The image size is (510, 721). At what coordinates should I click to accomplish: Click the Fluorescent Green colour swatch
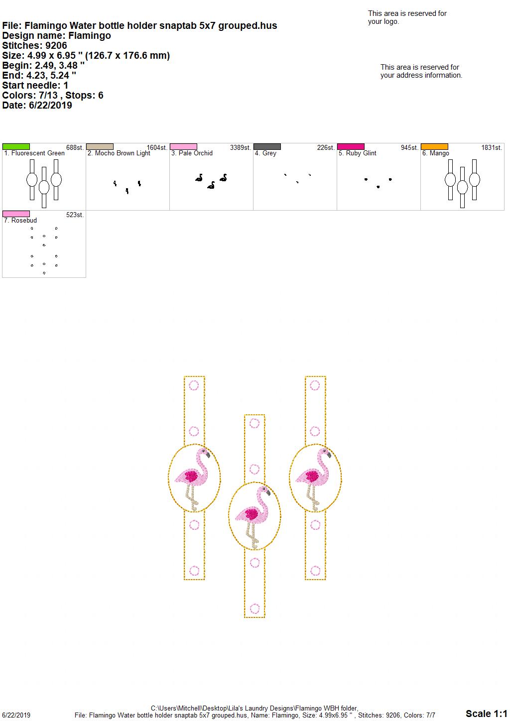(x=16, y=146)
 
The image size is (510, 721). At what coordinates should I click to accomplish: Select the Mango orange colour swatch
(x=434, y=146)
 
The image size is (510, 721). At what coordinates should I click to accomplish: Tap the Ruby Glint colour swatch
(x=351, y=146)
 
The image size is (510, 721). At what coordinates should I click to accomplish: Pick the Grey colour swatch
(x=267, y=146)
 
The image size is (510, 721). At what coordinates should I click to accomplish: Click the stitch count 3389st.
(x=240, y=147)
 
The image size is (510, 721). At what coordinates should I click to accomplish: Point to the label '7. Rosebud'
(x=20, y=220)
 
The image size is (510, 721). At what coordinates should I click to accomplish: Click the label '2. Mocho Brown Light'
(x=119, y=153)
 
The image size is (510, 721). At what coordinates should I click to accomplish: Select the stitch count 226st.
(x=326, y=147)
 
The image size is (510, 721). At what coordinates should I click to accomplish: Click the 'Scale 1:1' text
(x=486, y=714)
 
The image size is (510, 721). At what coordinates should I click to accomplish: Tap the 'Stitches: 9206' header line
(x=34, y=45)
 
